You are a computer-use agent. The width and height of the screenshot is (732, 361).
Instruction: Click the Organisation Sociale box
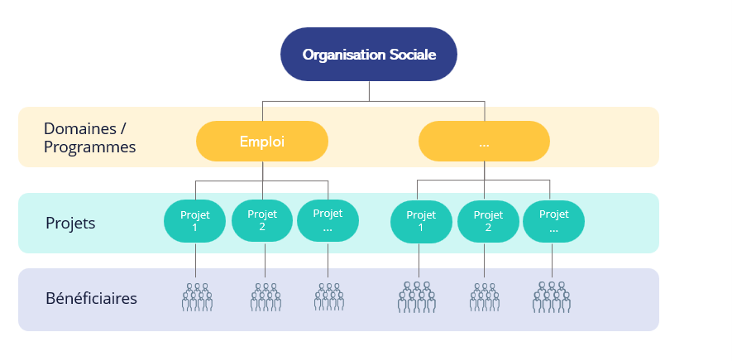369,55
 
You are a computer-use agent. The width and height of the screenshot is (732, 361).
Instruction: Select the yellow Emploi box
262,142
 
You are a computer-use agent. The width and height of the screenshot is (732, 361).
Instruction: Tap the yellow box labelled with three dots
484,142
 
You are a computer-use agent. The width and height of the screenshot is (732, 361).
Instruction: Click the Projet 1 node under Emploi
195,221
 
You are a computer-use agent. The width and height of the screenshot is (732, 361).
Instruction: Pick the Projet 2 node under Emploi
262,221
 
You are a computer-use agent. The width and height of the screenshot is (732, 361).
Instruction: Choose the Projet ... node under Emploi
328,221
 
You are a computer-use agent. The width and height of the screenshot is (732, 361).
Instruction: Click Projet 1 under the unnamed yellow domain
421,221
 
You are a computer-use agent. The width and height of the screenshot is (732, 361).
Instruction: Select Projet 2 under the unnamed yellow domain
488,221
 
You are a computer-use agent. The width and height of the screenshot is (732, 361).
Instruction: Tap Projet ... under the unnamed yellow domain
553,221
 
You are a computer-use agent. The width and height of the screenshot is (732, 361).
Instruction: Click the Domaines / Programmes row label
89,138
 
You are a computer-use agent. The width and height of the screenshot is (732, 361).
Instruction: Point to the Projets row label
70,224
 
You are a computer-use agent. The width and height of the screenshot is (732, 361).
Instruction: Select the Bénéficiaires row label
91,298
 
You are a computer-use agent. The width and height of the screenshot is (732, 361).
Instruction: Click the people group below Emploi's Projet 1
197,297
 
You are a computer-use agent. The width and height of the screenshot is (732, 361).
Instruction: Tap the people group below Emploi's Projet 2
266,297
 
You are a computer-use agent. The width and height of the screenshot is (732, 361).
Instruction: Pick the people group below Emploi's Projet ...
329,297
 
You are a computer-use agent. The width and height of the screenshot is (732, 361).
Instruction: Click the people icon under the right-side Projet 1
417,297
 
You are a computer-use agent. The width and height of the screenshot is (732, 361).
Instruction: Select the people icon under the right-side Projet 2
485,297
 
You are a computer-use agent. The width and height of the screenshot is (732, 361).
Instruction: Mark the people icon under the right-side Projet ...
552,297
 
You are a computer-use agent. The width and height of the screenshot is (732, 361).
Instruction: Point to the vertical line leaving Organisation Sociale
370,91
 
